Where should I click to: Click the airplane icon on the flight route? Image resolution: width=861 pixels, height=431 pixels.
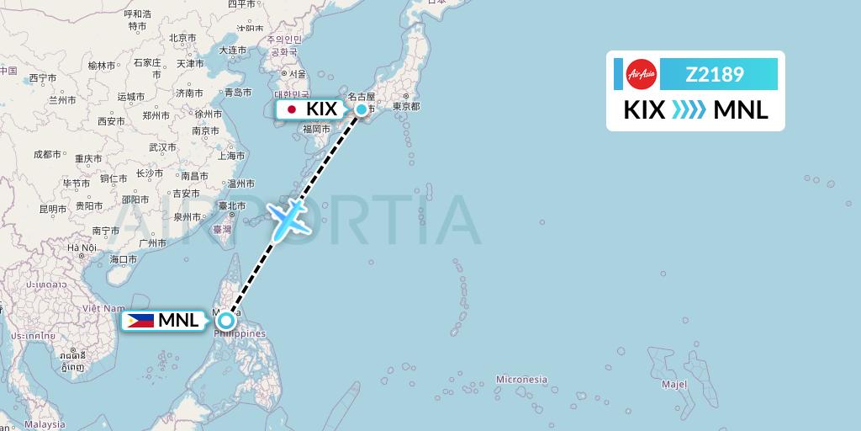click(288, 217)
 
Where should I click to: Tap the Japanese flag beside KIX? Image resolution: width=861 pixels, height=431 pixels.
click(292, 109)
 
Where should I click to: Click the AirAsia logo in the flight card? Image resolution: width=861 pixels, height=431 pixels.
click(641, 74)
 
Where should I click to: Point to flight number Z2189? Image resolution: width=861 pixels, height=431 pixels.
click(715, 75)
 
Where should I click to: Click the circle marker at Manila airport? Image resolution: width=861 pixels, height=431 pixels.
click(225, 321)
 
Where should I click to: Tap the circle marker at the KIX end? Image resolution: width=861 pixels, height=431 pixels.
click(362, 109)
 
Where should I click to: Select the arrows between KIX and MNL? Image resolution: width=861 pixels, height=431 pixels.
click(689, 110)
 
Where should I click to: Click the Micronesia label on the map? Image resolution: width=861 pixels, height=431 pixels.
click(521, 380)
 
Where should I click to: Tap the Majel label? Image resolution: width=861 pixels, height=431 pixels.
click(673, 385)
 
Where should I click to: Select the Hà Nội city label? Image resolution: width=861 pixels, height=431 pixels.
click(83, 247)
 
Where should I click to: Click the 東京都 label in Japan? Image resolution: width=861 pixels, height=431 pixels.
click(405, 107)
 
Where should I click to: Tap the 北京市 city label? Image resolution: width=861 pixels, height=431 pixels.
click(182, 37)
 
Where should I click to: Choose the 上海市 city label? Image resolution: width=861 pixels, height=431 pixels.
click(231, 156)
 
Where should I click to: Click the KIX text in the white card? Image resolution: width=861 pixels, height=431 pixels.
click(644, 110)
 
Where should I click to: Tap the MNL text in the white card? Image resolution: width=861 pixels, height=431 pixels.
click(741, 110)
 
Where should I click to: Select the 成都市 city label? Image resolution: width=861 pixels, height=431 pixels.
click(47, 154)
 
